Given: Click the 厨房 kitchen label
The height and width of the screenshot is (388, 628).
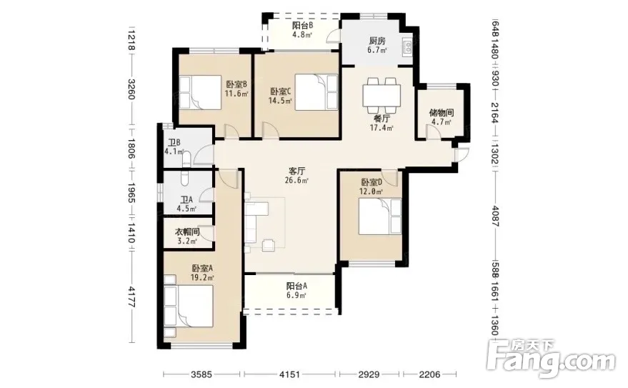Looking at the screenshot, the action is click(x=377, y=41).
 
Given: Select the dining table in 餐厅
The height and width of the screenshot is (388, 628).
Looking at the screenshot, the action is click(x=382, y=95).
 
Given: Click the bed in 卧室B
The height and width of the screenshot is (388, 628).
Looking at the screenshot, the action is click(x=200, y=92).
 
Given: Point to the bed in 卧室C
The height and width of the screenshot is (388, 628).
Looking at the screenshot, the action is click(x=317, y=92).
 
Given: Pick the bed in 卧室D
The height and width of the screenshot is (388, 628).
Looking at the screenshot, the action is click(x=380, y=217).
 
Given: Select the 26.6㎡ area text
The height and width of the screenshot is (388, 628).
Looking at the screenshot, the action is click(x=296, y=181).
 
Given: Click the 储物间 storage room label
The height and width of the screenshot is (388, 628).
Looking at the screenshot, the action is click(x=442, y=113).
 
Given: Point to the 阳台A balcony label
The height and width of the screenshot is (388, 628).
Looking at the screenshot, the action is click(x=296, y=287).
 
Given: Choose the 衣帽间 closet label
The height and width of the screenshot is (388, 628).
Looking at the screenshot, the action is click(x=187, y=232).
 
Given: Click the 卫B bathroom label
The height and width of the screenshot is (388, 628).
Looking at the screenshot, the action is click(x=174, y=142).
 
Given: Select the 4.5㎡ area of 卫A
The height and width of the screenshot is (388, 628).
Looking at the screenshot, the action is click(x=186, y=209).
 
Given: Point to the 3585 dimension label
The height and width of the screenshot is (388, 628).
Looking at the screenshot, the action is click(x=201, y=375).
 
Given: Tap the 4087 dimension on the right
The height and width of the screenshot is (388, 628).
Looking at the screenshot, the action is click(x=495, y=217).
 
